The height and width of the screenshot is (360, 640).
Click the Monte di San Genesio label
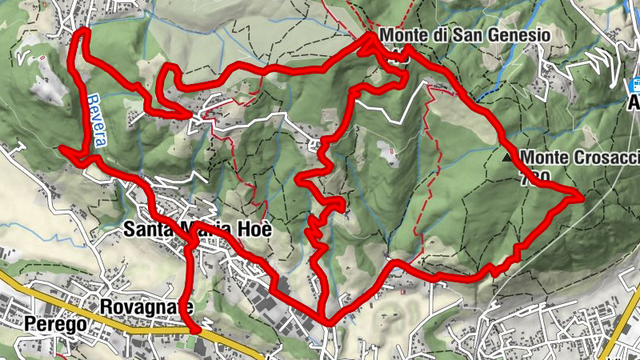pos(465,35)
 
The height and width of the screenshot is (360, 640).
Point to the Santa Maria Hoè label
pos(198,230)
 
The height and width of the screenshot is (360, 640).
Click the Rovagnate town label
pos(146,306)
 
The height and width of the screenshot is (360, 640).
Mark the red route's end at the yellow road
pos(196,328)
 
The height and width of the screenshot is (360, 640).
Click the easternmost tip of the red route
pos(583,196)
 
